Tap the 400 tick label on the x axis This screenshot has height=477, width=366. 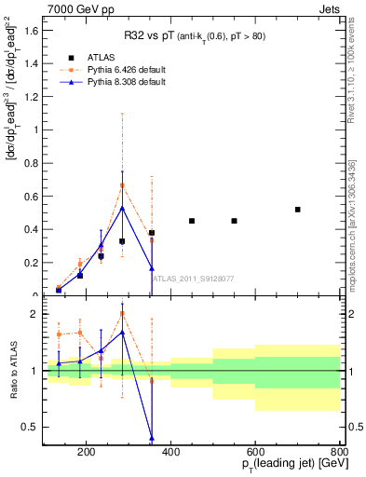[170, 454]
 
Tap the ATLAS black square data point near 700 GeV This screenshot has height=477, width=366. [297, 210]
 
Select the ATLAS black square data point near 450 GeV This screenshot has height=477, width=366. [192, 221]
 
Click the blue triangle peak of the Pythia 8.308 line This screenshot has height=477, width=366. [122, 208]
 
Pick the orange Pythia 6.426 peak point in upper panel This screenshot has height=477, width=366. [122, 185]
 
